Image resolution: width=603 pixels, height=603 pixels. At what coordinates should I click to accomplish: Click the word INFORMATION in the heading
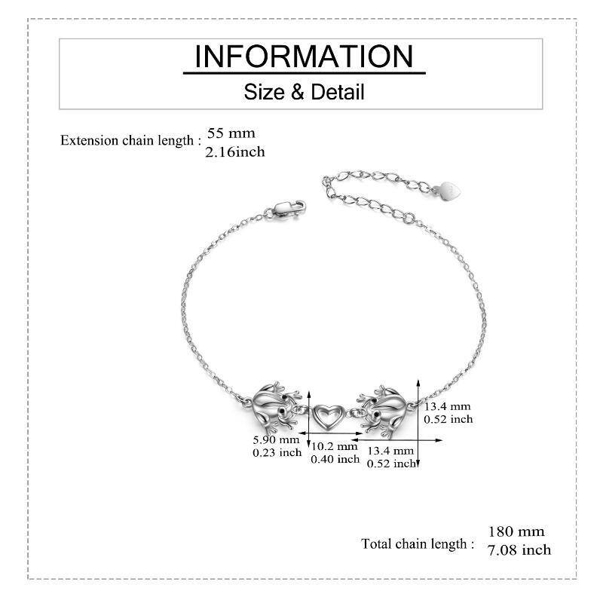point(304,57)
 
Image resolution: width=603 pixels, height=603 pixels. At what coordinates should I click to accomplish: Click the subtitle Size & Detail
point(304,92)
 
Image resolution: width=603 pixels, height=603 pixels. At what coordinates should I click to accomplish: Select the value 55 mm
point(231,133)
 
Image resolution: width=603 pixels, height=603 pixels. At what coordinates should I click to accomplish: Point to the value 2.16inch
point(235,152)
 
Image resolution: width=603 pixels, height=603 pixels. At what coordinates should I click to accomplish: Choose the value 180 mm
point(516,531)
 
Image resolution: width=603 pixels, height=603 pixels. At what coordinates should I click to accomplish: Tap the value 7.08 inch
point(519,550)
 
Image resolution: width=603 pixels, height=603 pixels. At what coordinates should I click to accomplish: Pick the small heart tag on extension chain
point(449,191)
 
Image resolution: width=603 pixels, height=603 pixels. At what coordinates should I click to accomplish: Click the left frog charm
point(274,408)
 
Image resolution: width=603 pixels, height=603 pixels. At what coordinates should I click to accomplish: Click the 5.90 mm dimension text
point(276,439)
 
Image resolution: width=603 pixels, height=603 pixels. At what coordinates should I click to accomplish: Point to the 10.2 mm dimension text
point(335,446)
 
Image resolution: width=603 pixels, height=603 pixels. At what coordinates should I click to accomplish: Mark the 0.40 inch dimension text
point(335,459)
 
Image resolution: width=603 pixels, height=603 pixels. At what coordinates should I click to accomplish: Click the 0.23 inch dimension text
point(277,453)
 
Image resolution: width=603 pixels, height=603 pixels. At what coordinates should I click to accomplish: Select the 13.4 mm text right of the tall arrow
point(447,406)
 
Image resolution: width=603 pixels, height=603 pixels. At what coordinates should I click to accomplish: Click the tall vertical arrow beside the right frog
point(418,424)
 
